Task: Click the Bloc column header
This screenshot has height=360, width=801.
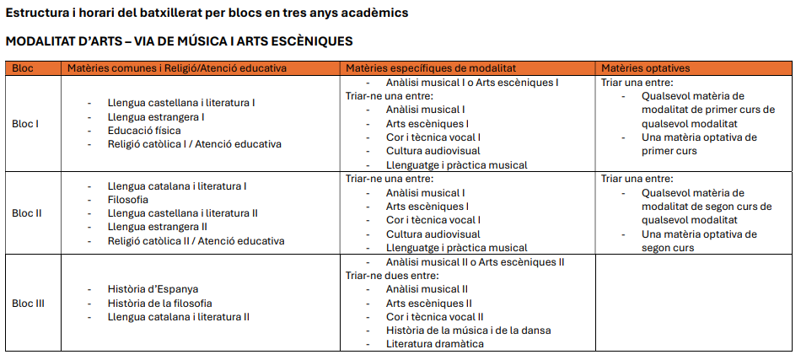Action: tap(23, 68)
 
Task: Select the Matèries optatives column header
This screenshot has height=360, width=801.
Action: tap(645, 68)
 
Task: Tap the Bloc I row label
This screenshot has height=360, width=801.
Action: tap(25, 124)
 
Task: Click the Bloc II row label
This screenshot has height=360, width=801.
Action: tap(27, 213)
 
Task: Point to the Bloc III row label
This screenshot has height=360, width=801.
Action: tap(29, 303)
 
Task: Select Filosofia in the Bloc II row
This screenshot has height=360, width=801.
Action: tap(128, 200)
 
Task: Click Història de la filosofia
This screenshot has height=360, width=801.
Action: tap(160, 303)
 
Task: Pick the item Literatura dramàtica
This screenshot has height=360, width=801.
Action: tap(435, 344)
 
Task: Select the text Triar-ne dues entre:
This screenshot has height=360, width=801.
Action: tap(392, 275)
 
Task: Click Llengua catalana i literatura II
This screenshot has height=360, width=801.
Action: tap(179, 316)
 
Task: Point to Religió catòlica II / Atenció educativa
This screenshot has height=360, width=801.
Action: tap(196, 241)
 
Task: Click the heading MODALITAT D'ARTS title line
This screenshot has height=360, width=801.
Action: tap(179, 41)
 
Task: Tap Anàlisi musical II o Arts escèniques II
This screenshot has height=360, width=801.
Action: tap(475, 262)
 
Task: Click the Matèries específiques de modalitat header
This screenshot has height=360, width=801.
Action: tap(431, 68)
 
